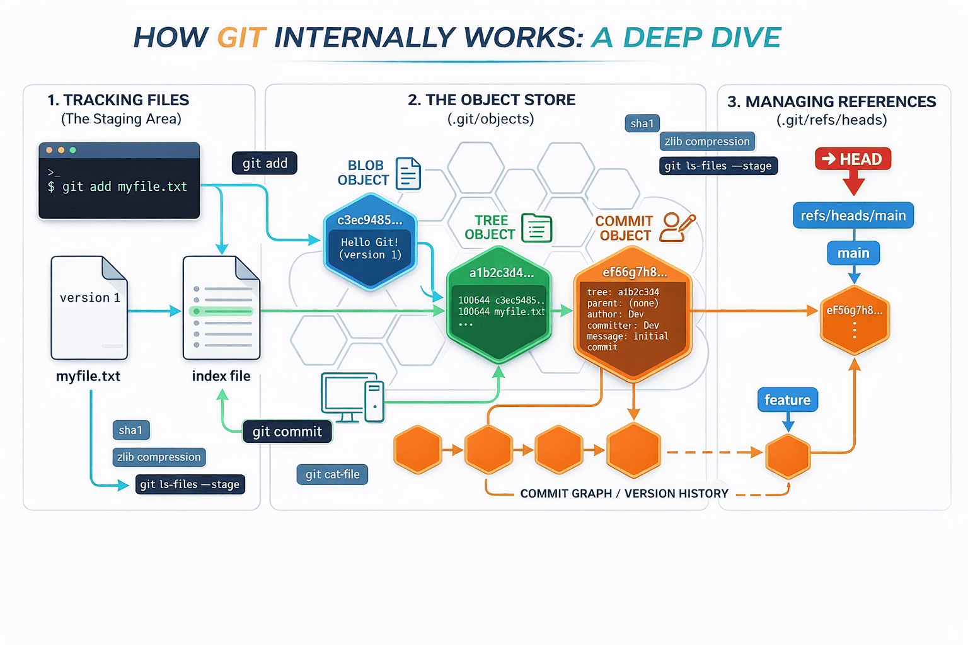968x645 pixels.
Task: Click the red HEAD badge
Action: (x=853, y=159)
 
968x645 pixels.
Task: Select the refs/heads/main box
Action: (x=853, y=215)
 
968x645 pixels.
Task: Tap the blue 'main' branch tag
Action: (x=853, y=253)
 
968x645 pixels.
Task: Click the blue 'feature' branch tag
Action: (x=787, y=400)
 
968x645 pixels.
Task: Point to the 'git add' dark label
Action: (x=265, y=163)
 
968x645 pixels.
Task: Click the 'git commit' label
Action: (x=287, y=431)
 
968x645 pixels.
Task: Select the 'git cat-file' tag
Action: (x=332, y=474)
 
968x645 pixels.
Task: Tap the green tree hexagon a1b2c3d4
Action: (x=499, y=305)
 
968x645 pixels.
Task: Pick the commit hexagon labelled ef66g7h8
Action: (x=633, y=315)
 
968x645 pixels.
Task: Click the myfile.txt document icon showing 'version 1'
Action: (x=89, y=307)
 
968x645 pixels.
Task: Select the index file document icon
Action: (x=221, y=307)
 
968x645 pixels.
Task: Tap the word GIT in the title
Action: (x=241, y=38)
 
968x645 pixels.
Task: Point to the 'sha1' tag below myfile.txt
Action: (x=130, y=430)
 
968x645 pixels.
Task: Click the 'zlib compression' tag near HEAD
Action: (x=706, y=142)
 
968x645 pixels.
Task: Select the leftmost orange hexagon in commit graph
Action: (x=417, y=450)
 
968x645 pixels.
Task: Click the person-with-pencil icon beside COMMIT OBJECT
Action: (x=676, y=227)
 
